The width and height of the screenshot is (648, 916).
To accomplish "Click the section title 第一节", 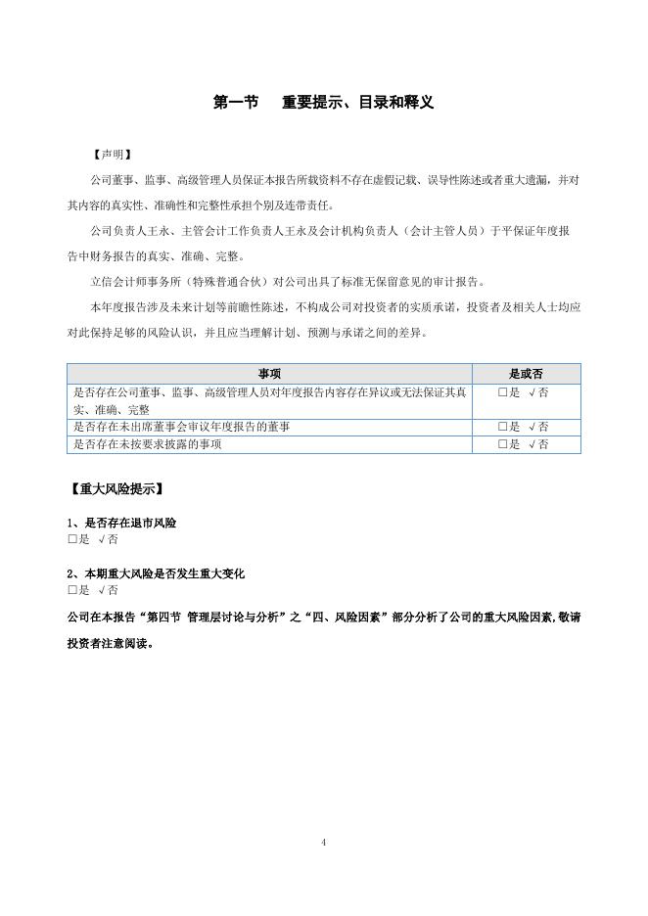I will tap(235, 102).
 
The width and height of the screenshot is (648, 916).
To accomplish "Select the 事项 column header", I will tap(270, 374).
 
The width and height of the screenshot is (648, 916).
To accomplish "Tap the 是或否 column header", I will tap(527, 374).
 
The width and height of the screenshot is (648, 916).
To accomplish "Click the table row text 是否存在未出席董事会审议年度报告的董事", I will tap(181, 427).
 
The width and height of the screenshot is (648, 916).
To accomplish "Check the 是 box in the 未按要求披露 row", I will tap(502, 444).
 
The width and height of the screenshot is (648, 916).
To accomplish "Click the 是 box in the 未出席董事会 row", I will tap(502, 427).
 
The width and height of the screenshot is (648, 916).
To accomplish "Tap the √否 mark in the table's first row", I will tap(537, 392).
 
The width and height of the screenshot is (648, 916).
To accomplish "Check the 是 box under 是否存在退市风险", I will tap(72, 540).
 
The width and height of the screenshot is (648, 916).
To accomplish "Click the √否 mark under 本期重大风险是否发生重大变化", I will tap(108, 590).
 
